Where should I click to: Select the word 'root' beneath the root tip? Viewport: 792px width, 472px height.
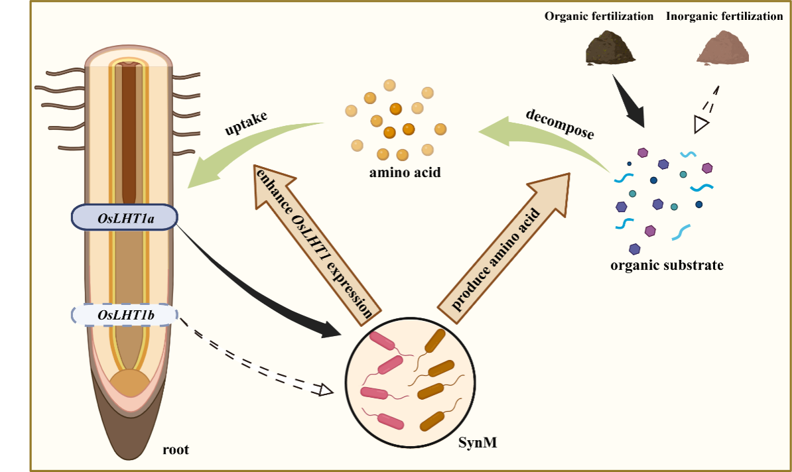176,451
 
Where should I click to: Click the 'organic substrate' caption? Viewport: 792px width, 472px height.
667,266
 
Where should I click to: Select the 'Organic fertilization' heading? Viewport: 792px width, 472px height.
599,17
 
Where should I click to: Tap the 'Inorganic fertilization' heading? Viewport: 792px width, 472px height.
724,17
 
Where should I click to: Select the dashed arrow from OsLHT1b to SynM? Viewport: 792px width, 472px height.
259,359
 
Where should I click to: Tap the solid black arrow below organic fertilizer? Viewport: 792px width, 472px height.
628,103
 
